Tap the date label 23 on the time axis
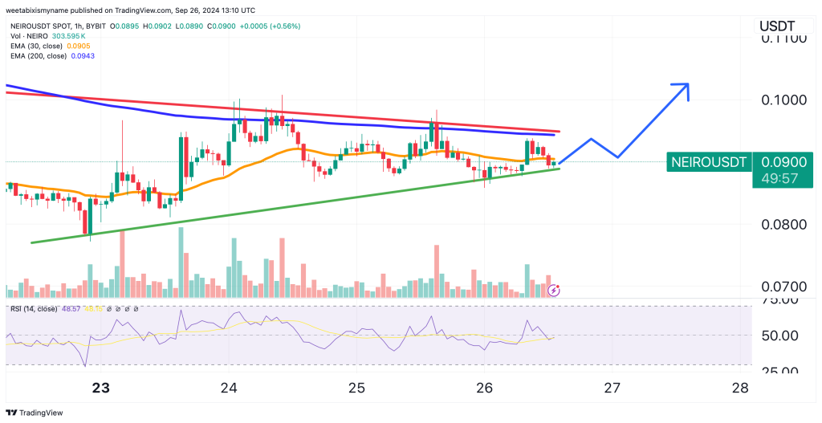(100, 388)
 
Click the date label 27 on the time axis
(612, 388)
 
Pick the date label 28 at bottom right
(741, 388)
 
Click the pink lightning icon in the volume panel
(553, 290)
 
